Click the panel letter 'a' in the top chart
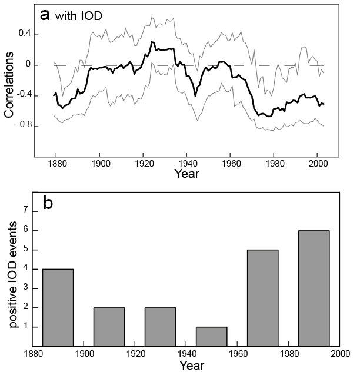tap(45, 15)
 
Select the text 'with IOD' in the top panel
tap(79, 16)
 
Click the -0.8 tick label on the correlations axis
tap(21, 126)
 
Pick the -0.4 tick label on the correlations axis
tap(21, 95)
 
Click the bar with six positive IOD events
tap(314, 288)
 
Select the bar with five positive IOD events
tap(262, 297)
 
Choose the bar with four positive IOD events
tap(58, 307)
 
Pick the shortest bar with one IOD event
tap(211, 336)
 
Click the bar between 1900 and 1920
tap(109, 326)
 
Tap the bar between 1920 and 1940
tap(160, 326)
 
